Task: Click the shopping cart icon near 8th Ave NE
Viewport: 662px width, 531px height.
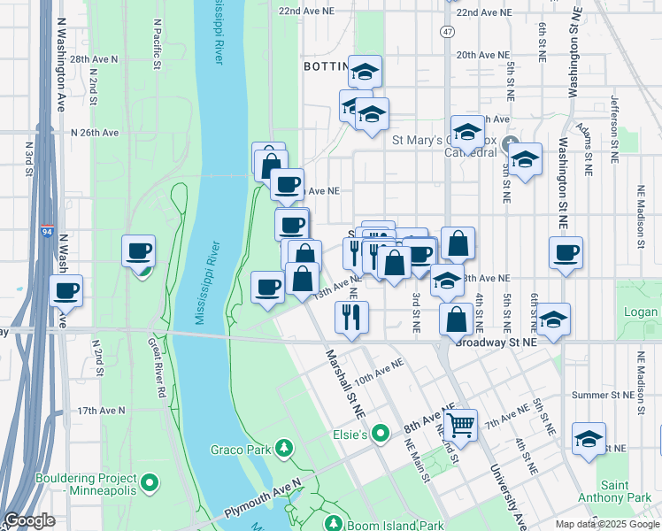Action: tap(461, 426)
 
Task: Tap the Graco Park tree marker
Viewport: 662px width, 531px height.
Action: tap(284, 449)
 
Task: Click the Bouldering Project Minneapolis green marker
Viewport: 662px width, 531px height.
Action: tap(150, 483)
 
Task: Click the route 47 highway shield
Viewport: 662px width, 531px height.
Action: tap(449, 31)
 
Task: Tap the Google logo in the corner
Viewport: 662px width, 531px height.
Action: tap(29, 520)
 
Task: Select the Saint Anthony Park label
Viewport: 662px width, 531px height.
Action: tap(627, 492)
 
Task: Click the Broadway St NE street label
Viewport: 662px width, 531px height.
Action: tap(496, 341)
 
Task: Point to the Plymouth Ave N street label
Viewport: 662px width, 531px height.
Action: tap(263, 501)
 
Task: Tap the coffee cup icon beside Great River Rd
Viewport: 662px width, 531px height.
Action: tap(139, 251)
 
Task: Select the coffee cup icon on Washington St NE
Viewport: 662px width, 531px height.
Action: tap(566, 253)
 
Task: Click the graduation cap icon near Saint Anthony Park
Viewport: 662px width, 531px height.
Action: tap(589, 439)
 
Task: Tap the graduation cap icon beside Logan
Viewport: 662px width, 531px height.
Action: tap(554, 319)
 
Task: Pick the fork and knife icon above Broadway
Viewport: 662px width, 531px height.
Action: tap(352, 316)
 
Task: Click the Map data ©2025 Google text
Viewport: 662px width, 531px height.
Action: tap(607, 524)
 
